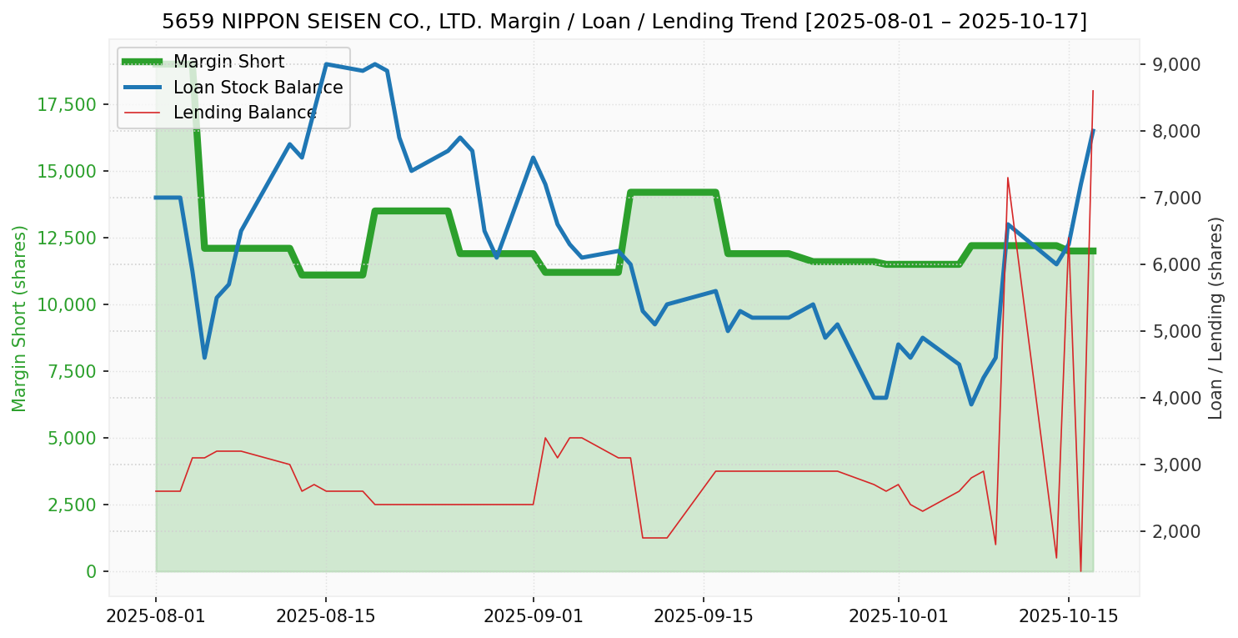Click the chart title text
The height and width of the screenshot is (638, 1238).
pyautogui.click(x=624, y=22)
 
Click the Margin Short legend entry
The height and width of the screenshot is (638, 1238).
pyautogui.click(x=228, y=62)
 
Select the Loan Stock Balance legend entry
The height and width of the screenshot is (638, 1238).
pyautogui.click(x=258, y=87)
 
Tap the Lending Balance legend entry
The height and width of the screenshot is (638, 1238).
pyautogui.click(x=244, y=112)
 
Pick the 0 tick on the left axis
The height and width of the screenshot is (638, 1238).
pyautogui.click(x=91, y=571)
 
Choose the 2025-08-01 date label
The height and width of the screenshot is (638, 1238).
pyautogui.click(x=156, y=616)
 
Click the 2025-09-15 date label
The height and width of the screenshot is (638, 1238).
pyautogui.click(x=703, y=616)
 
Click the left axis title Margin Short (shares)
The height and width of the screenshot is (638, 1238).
pyautogui.click(x=19, y=318)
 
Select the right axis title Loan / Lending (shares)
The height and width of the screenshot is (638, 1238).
pyautogui.click(x=1215, y=318)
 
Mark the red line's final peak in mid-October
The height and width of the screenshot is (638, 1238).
pyautogui.click(x=1093, y=91)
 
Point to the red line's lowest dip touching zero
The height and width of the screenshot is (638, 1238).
pyautogui.click(x=1080, y=570)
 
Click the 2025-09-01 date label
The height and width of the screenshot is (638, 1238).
pyautogui.click(x=533, y=616)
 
